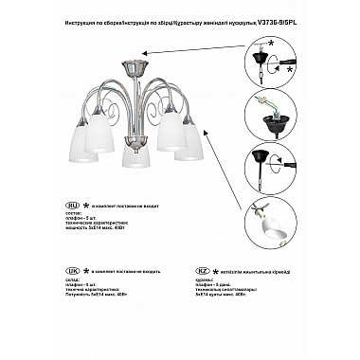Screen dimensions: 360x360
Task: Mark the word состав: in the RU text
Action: click(75, 214)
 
